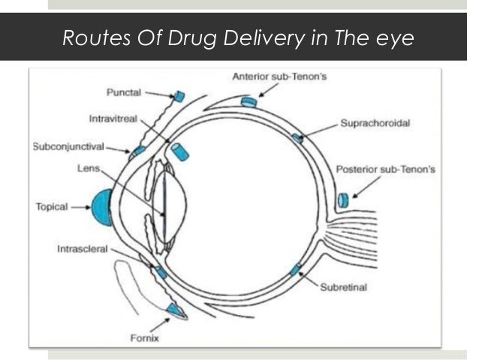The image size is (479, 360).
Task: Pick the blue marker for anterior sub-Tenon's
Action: [249, 101]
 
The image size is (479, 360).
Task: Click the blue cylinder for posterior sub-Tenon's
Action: [342, 200]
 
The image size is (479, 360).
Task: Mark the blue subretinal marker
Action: [296, 269]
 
